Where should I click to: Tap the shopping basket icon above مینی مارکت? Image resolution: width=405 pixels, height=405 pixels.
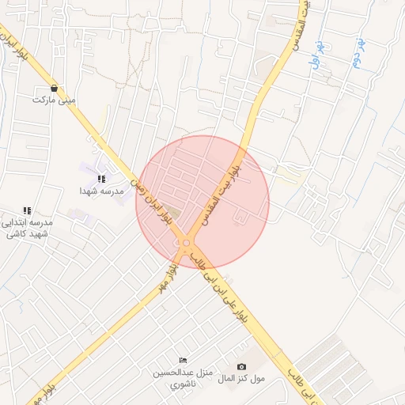(x=53, y=88)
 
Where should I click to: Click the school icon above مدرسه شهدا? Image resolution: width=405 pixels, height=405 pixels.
(x=100, y=180)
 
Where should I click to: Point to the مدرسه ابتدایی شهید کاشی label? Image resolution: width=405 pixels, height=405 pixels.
(x=28, y=229)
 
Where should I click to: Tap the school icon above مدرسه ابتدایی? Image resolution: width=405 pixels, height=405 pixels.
(x=28, y=210)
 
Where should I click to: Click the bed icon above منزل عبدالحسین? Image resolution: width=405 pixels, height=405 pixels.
(x=184, y=361)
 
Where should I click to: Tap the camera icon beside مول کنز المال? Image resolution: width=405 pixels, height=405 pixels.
(x=242, y=367)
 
